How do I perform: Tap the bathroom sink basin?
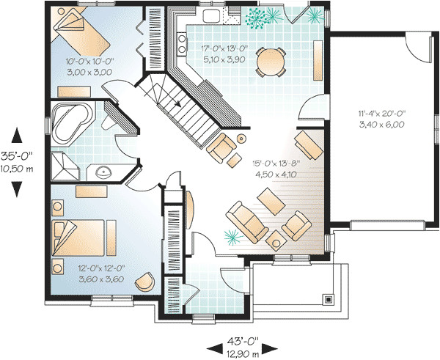coord(104,172)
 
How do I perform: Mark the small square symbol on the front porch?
coord(329,299)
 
